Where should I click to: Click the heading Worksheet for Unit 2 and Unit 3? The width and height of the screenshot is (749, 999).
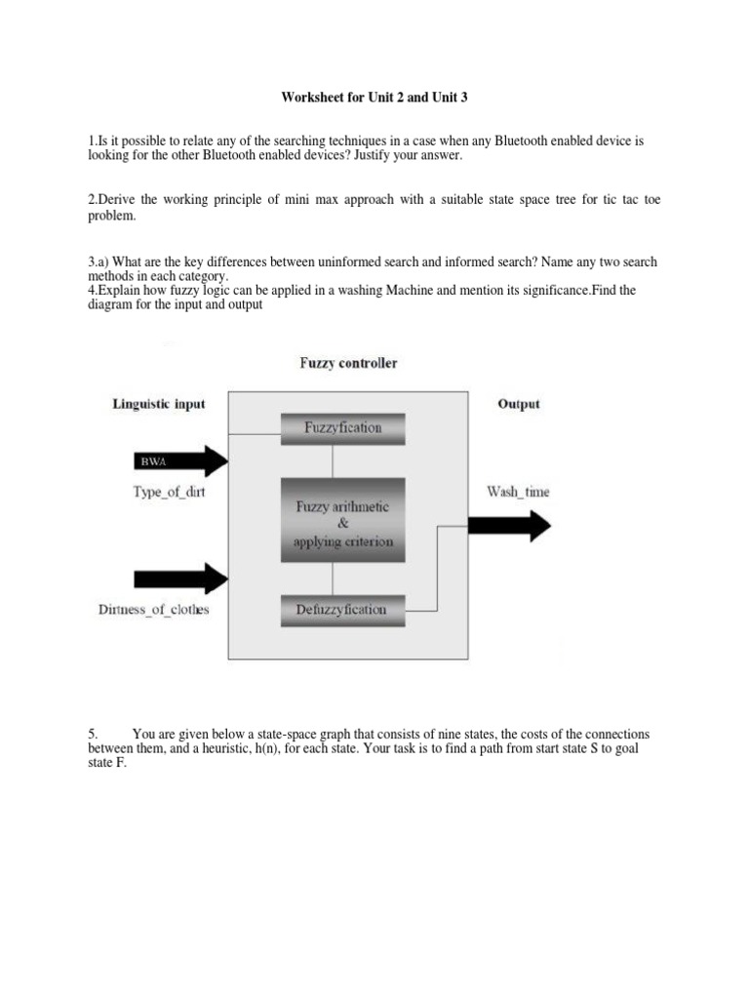374,98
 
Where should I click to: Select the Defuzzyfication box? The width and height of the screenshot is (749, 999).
341,610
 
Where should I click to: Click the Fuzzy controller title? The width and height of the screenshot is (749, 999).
347,364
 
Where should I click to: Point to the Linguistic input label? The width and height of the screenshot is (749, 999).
159,404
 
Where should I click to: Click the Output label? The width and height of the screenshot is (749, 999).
518,404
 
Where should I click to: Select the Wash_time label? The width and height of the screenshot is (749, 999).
518,492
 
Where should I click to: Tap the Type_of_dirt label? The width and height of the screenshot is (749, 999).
169,492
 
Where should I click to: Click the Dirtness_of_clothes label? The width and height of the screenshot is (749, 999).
154,610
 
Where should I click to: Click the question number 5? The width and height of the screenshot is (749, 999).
93,734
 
